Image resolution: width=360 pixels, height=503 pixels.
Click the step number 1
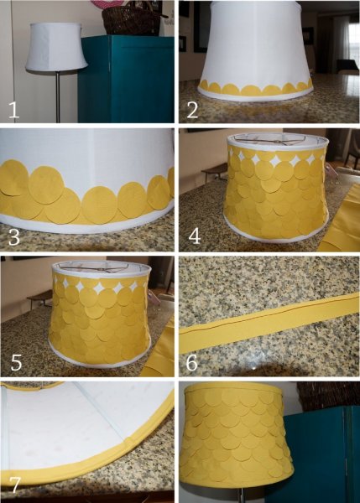click(x=13, y=110)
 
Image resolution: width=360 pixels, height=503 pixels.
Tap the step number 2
click(x=192, y=110)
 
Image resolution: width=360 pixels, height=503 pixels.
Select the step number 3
click(x=14, y=238)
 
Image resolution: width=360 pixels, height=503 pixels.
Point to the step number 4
click(x=195, y=236)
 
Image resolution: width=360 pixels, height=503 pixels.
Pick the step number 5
click(x=16, y=362)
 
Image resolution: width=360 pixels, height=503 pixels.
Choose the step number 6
click(x=191, y=362)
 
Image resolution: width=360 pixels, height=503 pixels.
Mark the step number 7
click(x=15, y=485)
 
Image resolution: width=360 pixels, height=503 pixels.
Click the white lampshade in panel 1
click(x=56, y=46)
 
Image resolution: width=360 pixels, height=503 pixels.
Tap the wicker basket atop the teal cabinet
click(x=132, y=20)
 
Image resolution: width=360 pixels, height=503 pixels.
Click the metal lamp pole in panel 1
click(x=58, y=96)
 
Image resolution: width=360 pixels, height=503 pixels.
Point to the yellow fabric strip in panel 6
click(x=269, y=322)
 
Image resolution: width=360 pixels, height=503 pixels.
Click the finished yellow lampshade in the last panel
click(x=237, y=436)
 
